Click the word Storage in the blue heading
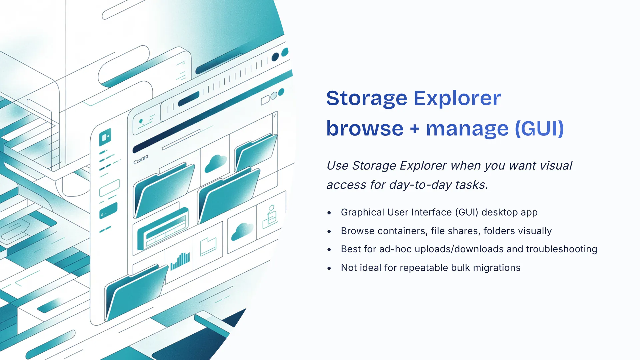point(367,99)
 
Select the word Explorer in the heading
point(457,99)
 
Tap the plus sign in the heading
point(415,129)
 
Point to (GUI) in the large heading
point(539,129)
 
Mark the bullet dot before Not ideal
point(329,268)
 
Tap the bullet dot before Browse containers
point(329,231)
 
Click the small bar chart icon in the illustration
point(180,261)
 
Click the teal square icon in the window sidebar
point(105,137)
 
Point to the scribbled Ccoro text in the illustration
point(141,159)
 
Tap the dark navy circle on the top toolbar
point(275,57)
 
